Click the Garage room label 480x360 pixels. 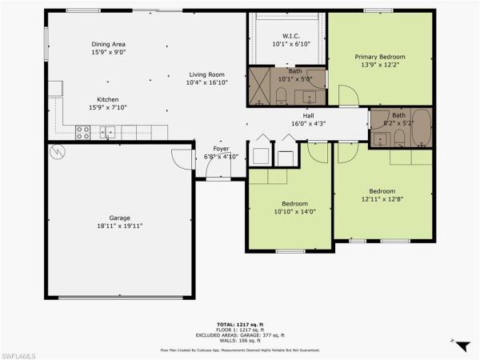coord(120,218)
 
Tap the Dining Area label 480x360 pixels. coord(109,45)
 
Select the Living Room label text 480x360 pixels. coord(206,74)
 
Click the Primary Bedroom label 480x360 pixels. coord(380,57)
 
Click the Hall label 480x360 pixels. coord(308,116)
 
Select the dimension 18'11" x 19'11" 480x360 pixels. coord(120,226)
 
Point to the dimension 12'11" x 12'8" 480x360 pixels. coord(382,200)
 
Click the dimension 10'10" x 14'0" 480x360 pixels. coord(290,212)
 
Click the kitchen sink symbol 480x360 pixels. coord(108,133)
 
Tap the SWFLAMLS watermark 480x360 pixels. coord(20,353)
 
